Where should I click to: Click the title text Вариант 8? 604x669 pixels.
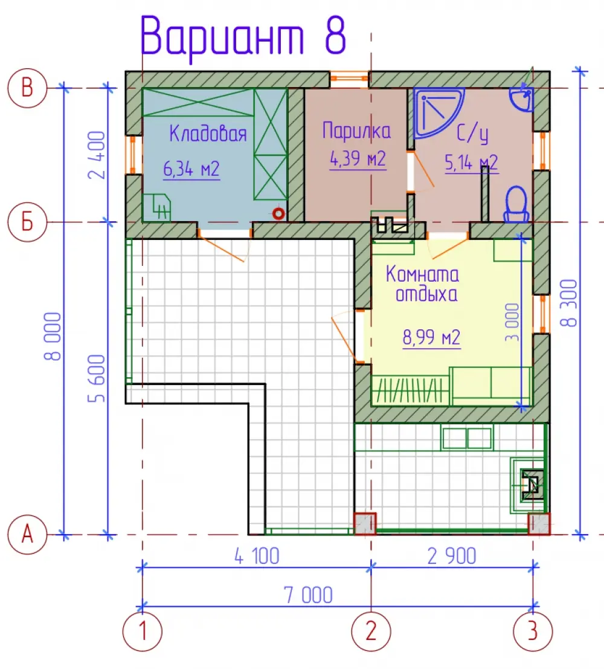(243, 37)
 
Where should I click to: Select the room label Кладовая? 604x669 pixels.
(208, 133)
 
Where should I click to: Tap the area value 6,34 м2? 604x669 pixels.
(191, 169)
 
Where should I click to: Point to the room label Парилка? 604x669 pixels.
(356, 131)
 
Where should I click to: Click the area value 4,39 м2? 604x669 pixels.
(358, 159)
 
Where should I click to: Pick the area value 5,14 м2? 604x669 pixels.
(471, 163)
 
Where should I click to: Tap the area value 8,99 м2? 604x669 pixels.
(432, 337)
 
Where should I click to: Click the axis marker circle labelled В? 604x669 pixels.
(27, 88)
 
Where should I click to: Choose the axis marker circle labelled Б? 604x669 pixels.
(27, 222)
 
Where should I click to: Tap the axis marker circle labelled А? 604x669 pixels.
(27, 534)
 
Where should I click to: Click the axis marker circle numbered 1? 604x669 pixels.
(143, 631)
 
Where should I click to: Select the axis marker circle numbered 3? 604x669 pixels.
(533, 631)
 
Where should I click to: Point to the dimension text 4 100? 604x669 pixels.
(257, 557)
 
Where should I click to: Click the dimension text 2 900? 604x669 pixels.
(452, 557)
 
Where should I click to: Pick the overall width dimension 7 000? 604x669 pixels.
(308, 595)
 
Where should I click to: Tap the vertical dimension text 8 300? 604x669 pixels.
(568, 303)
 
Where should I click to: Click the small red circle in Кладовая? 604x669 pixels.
(278, 213)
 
